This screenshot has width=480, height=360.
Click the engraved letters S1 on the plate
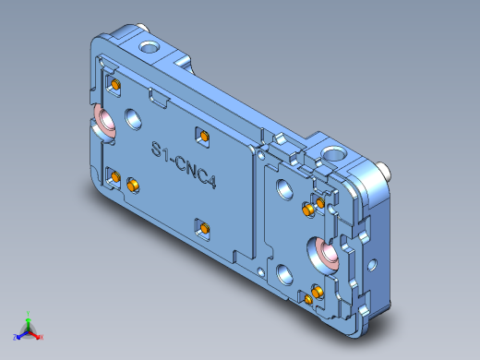click(x=161, y=150)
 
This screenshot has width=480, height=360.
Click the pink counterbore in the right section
click(x=326, y=250)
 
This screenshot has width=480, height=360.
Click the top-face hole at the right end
click(x=330, y=153)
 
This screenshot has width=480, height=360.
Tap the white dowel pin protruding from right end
click(x=383, y=170)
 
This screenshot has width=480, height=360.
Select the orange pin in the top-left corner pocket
click(x=115, y=85)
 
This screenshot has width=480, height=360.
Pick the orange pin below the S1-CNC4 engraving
click(x=202, y=227)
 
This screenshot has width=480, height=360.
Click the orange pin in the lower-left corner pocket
click(x=115, y=175)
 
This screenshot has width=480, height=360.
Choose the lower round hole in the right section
click(x=282, y=272)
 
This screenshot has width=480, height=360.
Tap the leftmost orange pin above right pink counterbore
click(x=306, y=210)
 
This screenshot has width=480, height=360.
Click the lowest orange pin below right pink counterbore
click(x=307, y=299)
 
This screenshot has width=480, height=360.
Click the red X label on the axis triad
click(x=42, y=337)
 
